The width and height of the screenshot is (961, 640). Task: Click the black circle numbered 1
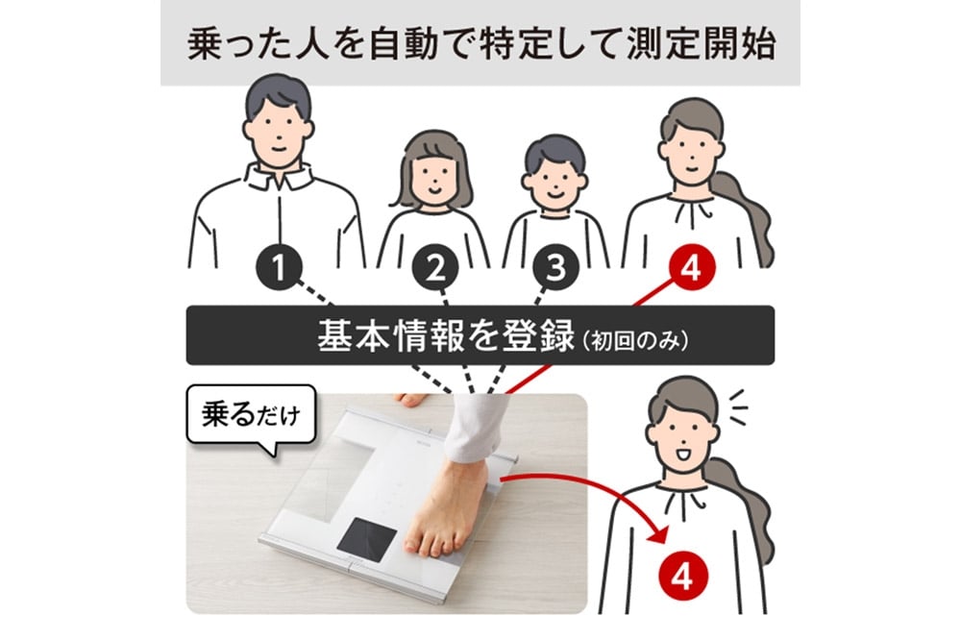(x=279, y=267)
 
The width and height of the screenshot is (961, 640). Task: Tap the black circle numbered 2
(x=435, y=267)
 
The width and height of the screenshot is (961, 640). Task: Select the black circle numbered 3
(x=555, y=267)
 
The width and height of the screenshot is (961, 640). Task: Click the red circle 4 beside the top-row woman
(x=691, y=267)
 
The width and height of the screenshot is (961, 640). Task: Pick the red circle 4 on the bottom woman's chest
(x=682, y=577)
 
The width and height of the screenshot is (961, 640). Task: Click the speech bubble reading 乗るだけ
(x=251, y=417)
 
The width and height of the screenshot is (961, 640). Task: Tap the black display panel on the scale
(x=367, y=539)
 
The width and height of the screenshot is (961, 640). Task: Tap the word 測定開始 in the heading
(x=702, y=45)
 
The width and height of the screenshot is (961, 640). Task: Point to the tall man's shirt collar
(x=279, y=175)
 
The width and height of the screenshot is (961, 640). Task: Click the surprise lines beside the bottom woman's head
(x=738, y=406)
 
